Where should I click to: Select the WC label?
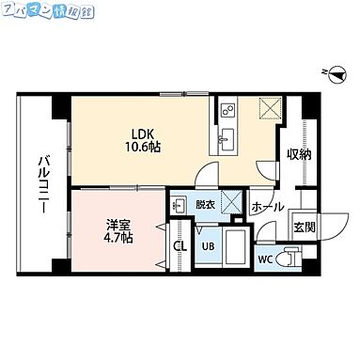[264, 258]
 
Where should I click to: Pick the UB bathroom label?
[208, 247]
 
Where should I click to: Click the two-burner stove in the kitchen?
[228, 113]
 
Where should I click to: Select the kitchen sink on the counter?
[228, 142]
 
